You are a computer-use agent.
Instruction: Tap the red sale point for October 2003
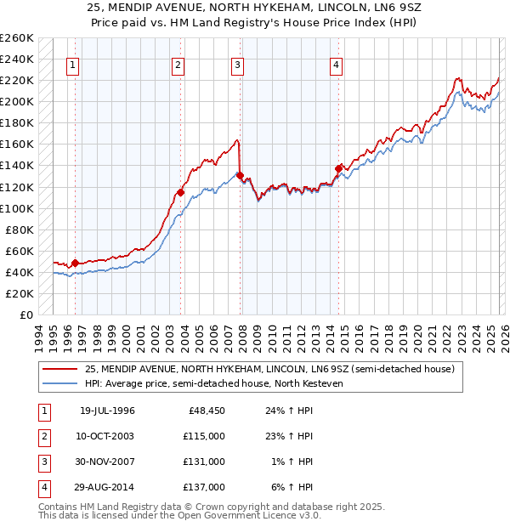(x=181, y=192)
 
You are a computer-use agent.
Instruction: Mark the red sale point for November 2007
(x=241, y=176)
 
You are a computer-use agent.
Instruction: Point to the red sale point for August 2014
(x=338, y=168)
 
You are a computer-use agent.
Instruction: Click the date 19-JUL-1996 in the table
(x=106, y=411)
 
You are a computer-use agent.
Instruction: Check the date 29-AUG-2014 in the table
(x=107, y=487)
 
